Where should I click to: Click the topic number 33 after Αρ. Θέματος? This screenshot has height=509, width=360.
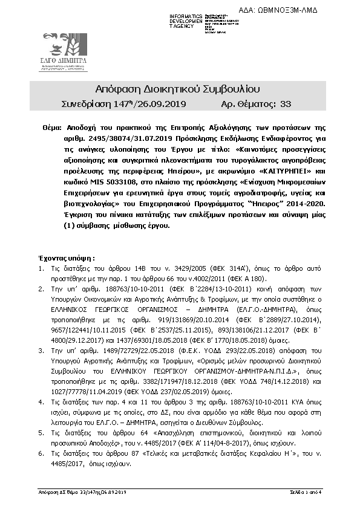pyautogui.click(x=286, y=104)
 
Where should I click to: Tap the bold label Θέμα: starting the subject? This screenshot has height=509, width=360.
pyautogui.click(x=51, y=129)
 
